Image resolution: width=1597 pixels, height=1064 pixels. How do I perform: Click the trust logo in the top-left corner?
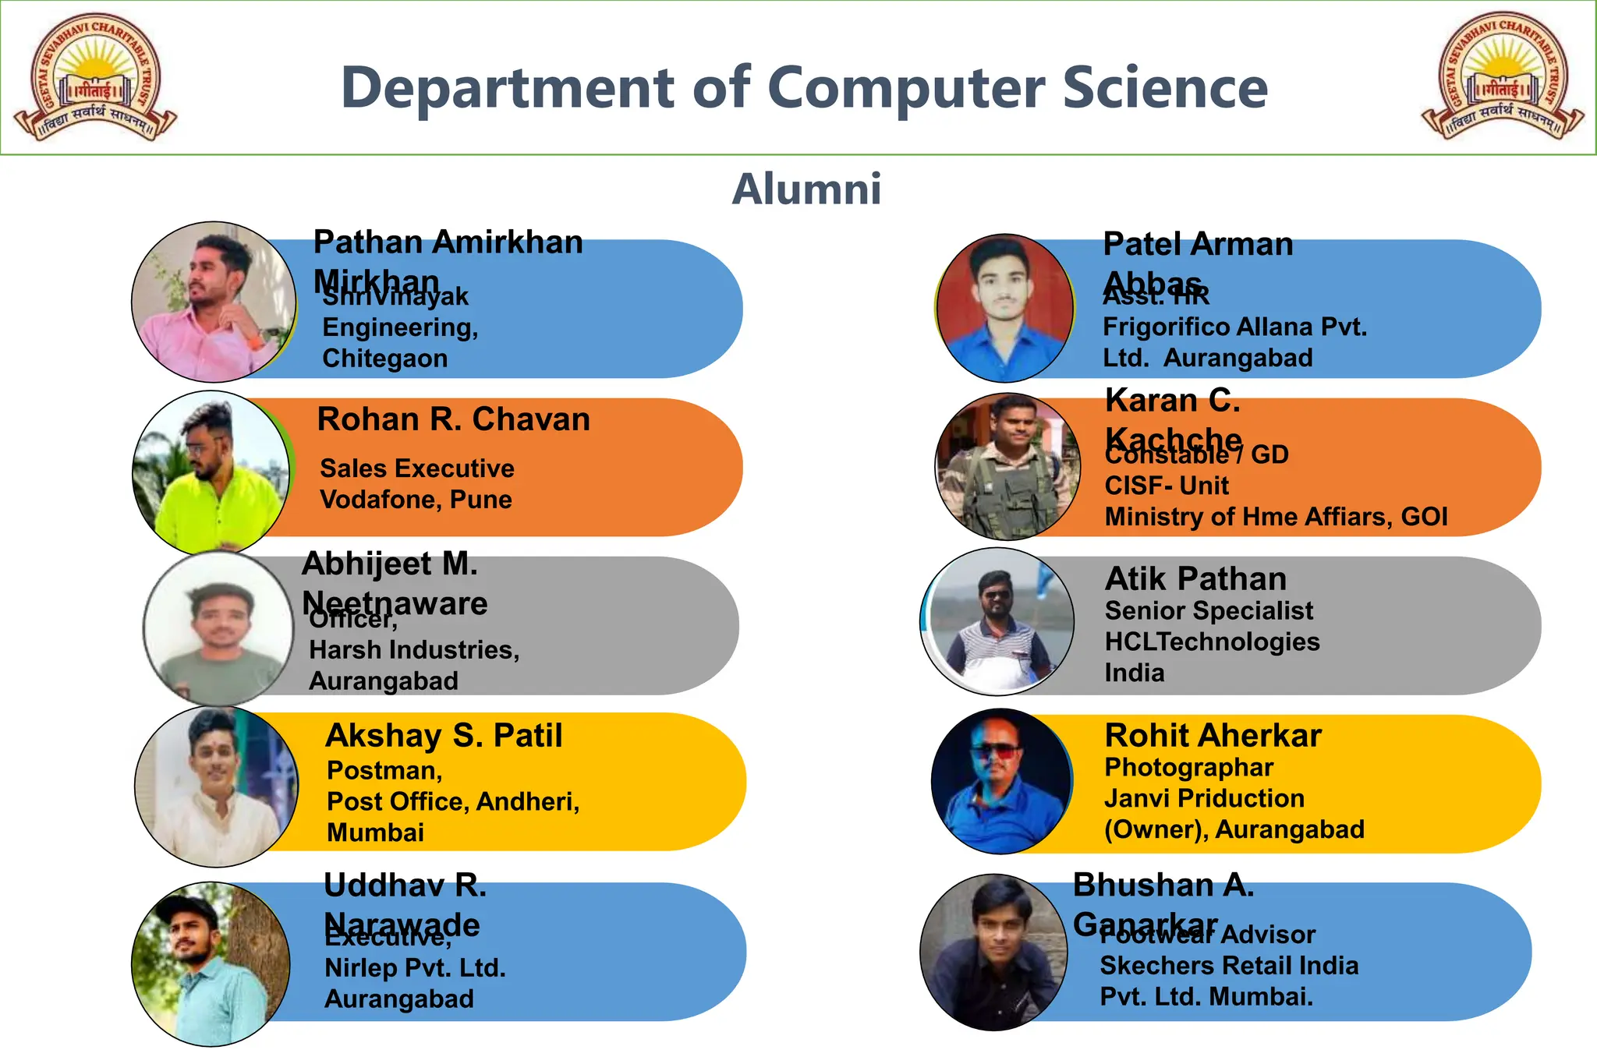[x=95, y=78]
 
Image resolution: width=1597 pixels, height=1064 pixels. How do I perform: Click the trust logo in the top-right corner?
[x=1502, y=76]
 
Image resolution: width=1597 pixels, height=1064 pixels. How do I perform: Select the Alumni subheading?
[x=806, y=189]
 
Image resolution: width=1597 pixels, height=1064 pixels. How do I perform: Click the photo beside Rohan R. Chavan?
[x=211, y=472]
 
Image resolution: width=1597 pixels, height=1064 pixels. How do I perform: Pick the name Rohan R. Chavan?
[x=453, y=419]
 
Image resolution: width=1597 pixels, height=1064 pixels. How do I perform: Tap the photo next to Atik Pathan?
[x=997, y=621]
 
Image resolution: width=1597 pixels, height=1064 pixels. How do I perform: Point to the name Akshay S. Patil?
[x=444, y=736]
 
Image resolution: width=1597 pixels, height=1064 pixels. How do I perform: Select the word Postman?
[x=384, y=770]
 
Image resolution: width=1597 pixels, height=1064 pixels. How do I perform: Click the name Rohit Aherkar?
[x=1213, y=736]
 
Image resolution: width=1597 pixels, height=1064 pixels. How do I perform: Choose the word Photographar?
[x=1188, y=767]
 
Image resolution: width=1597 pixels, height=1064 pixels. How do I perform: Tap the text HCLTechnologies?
[x=1212, y=642]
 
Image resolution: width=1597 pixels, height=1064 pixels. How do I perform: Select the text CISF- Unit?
[x=1167, y=486]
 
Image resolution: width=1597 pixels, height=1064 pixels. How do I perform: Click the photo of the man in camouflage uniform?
[x=1007, y=467]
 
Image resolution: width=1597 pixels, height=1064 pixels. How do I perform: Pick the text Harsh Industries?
[x=413, y=649]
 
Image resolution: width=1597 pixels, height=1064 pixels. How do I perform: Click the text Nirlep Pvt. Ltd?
[x=415, y=968]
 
